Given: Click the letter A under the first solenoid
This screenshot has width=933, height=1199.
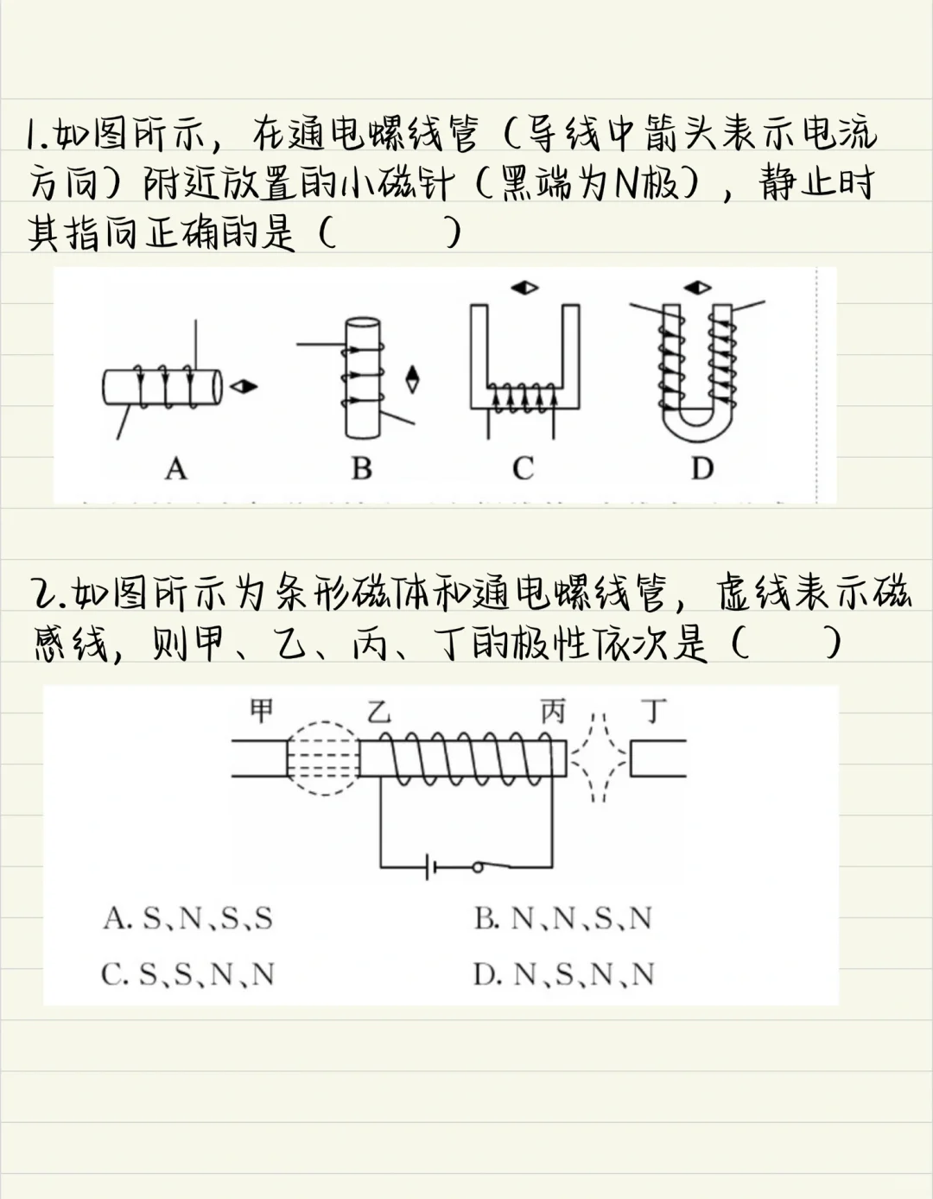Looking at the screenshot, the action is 176,469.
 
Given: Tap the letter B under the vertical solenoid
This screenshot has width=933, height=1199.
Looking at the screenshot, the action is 362,468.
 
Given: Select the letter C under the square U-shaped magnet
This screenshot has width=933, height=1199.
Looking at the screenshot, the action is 523,468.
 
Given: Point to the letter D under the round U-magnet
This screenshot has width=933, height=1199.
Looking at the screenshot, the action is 702,468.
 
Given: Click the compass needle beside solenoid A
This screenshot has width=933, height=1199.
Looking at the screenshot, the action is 244,386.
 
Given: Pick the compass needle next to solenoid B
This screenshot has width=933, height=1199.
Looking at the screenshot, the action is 412,379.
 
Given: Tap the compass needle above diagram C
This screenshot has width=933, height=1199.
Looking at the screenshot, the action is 524,288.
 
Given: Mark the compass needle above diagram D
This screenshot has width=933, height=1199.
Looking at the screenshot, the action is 697,288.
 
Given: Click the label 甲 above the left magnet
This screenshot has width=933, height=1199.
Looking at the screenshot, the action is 262,710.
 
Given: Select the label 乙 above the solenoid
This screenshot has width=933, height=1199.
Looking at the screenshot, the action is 379,711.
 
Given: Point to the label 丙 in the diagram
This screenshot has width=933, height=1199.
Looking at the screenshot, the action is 553,711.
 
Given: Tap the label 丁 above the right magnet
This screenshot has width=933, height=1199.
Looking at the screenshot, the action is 654,711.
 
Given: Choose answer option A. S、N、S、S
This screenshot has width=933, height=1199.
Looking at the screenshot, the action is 188,919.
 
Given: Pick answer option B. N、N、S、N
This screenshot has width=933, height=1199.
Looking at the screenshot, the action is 563,919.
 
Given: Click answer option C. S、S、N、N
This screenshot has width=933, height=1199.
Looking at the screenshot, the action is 187,974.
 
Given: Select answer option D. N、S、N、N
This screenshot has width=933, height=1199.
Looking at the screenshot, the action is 564,974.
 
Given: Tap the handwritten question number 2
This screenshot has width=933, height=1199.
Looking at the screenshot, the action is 43,593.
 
